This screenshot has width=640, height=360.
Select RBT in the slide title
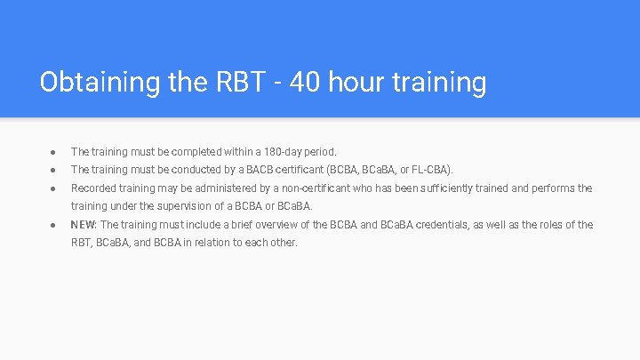pos(238,83)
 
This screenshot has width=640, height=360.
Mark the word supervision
pos(181,206)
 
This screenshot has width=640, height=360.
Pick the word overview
pos(276,225)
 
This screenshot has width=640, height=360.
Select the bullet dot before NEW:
pos(53,225)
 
